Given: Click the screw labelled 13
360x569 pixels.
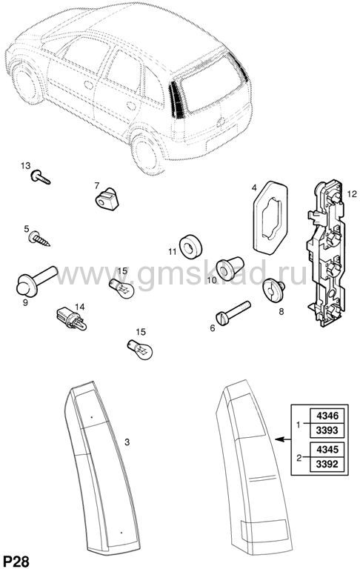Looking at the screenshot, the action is tap(40, 178).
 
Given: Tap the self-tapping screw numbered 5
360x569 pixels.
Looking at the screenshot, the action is tap(38, 239).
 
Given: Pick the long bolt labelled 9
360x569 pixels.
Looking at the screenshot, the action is tap(36, 281).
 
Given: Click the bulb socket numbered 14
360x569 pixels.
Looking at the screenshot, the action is tap(72, 320).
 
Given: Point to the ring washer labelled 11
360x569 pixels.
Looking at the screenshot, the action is tap(191, 247).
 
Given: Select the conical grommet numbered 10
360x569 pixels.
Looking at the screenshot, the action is tap(230, 268).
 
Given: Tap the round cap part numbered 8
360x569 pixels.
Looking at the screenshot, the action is tap(273, 290).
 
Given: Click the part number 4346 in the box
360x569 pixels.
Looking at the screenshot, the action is tap(327, 416).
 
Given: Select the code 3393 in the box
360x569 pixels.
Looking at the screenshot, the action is tap(327, 430).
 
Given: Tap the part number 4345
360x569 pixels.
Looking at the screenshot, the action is tap(327, 449).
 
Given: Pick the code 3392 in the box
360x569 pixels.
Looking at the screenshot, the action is tap(327, 464).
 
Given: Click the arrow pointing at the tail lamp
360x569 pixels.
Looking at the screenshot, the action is tap(283, 439).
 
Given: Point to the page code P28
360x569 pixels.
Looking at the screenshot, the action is tap(16, 561).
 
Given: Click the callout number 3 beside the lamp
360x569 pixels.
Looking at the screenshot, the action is tap(127, 442).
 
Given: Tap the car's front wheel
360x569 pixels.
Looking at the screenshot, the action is tap(26, 83).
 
